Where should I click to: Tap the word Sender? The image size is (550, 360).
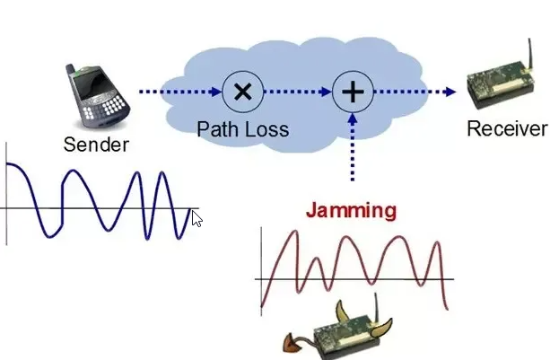pyautogui.click(x=96, y=145)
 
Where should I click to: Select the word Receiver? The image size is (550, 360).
pyautogui.click(x=507, y=128)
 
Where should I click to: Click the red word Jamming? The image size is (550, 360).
pyautogui.click(x=352, y=211)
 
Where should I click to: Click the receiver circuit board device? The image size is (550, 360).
pyautogui.click(x=501, y=85)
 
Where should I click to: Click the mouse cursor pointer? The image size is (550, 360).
pyautogui.click(x=197, y=219)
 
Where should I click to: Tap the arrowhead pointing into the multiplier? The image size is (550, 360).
pyautogui.click(x=215, y=92)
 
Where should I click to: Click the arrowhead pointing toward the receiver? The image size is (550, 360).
pyautogui.click(x=450, y=92)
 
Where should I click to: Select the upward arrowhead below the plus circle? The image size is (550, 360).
pyautogui.click(x=353, y=119)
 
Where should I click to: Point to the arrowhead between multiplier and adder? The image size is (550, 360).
pyautogui.click(x=326, y=92)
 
